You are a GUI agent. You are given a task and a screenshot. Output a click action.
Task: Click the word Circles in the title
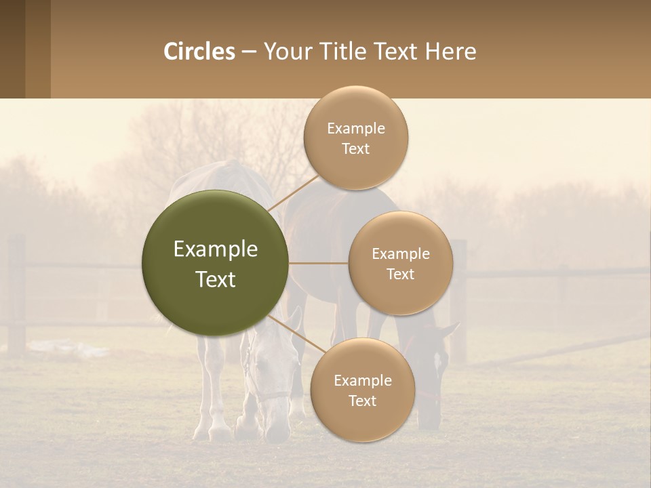199,52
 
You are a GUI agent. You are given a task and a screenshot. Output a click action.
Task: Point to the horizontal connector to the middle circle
318,263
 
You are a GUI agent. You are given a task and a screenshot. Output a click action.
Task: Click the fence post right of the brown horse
459,298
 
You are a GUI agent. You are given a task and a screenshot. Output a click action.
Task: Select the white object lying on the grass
68,349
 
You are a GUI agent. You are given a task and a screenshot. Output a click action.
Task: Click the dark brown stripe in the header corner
12,49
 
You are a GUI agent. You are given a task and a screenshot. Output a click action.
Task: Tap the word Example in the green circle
216,249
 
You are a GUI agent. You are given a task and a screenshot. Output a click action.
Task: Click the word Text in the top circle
356,149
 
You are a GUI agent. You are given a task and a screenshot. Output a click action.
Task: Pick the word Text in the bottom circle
363,401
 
